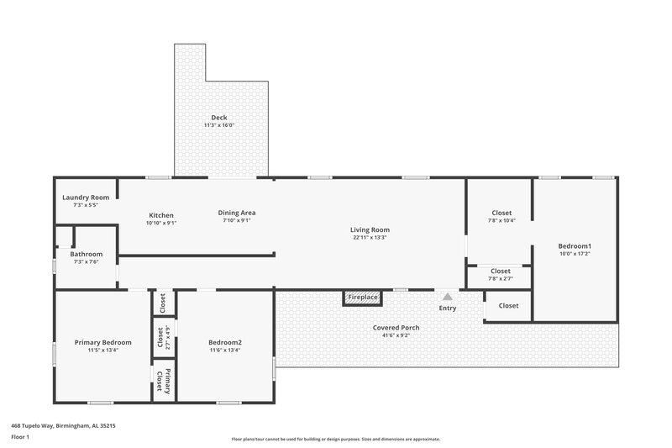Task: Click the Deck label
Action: [x=218, y=117]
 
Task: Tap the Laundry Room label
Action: [x=86, y=198]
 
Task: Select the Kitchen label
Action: [x=161, y=215]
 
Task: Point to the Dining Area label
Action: [x=238, y=213]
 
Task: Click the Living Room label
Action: [x=370, y=229]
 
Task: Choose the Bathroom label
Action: [x=86, y=254]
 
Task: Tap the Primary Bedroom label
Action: [x=102, y=342]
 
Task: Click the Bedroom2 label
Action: [x=225, y=342]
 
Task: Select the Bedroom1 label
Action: [x=575, y=245]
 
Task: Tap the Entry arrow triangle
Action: [x=448, y=297]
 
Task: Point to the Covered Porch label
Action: [x=396, y=327]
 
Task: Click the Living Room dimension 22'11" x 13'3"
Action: [x=370, y=238]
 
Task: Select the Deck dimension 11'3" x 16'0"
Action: [x=218, y=125]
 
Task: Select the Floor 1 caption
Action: [x=21, y=438]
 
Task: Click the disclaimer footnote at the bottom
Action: [x=335, y=439]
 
